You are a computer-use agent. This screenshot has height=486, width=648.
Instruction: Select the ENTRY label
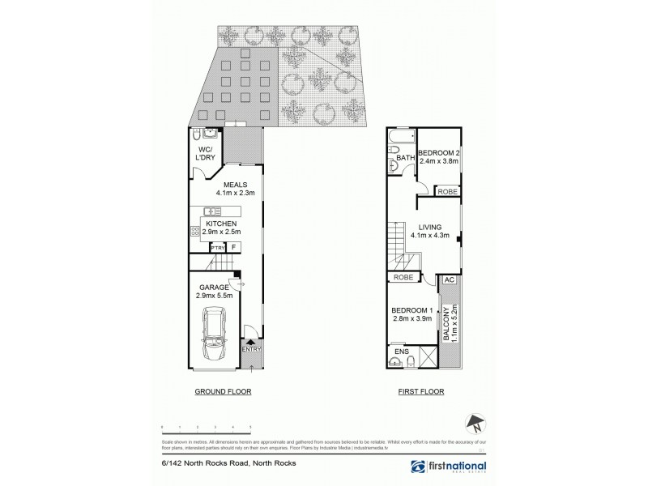(252, 348)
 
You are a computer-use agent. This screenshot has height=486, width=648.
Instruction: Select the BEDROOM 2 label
(439, 153)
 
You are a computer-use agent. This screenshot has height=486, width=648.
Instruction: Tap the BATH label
(405, 158)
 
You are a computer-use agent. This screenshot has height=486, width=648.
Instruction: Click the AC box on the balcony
(448, 279)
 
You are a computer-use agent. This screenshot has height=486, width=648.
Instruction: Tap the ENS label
(401, 352)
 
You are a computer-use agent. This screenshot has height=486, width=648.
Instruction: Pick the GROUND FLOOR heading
(223, 390)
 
